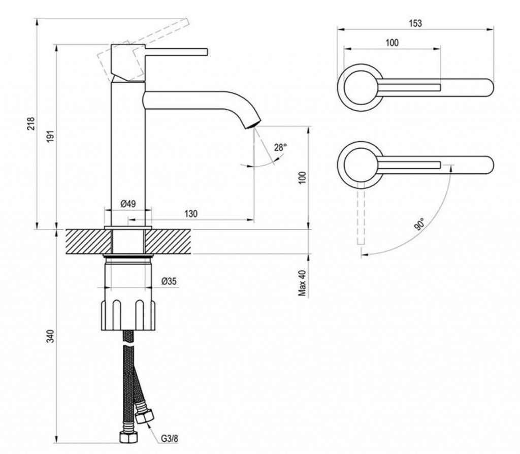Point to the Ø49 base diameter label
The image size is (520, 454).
(127, 204)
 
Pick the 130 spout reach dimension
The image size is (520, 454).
(191, 214)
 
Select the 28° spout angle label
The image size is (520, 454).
(280, 147)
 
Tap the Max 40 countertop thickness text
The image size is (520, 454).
(303, 282)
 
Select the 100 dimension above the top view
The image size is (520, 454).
(392, 43)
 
